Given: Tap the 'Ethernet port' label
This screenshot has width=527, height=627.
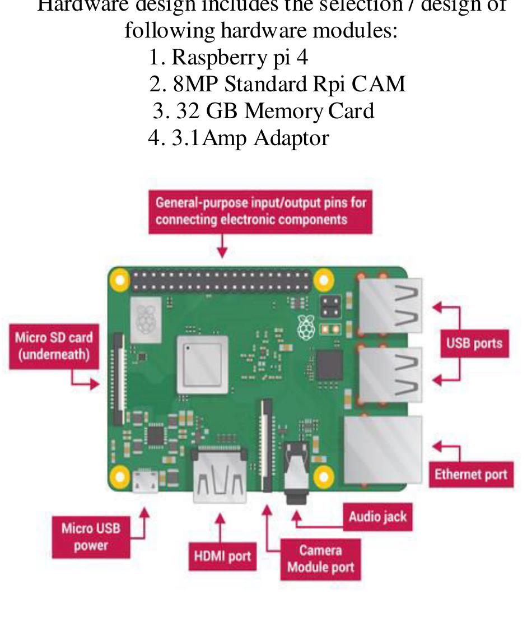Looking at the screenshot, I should [470, 474].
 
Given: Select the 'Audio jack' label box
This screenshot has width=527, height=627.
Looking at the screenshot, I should [377, 517].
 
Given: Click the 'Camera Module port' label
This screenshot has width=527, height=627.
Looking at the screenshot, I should [320, 559].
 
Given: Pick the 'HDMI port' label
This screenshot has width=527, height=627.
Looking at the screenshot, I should [222, 556].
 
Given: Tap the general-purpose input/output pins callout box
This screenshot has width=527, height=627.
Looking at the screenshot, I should [260, 211].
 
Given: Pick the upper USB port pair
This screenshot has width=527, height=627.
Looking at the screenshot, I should [390, 307].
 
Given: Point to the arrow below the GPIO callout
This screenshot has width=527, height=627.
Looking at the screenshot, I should [223, 245].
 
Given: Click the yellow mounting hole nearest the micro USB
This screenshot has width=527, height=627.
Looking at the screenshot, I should [119, 477].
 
